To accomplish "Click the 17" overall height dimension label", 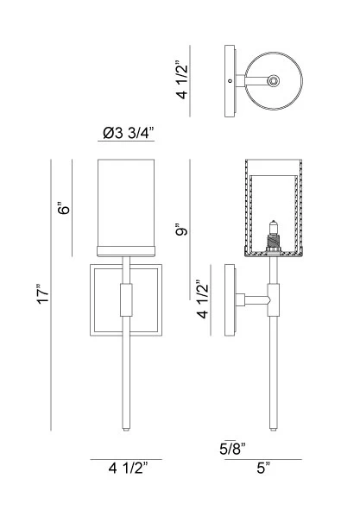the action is coord(43,294).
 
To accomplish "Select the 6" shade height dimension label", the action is coord(64,208).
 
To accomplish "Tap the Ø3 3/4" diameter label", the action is coord(128,133).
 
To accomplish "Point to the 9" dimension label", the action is coord(181,230).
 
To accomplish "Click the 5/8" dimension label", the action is coord(233,449).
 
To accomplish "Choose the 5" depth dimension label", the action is coord(263,468).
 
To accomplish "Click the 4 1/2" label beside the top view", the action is coord(182,80).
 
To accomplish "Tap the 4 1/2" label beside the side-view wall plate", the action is coord(203,299).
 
